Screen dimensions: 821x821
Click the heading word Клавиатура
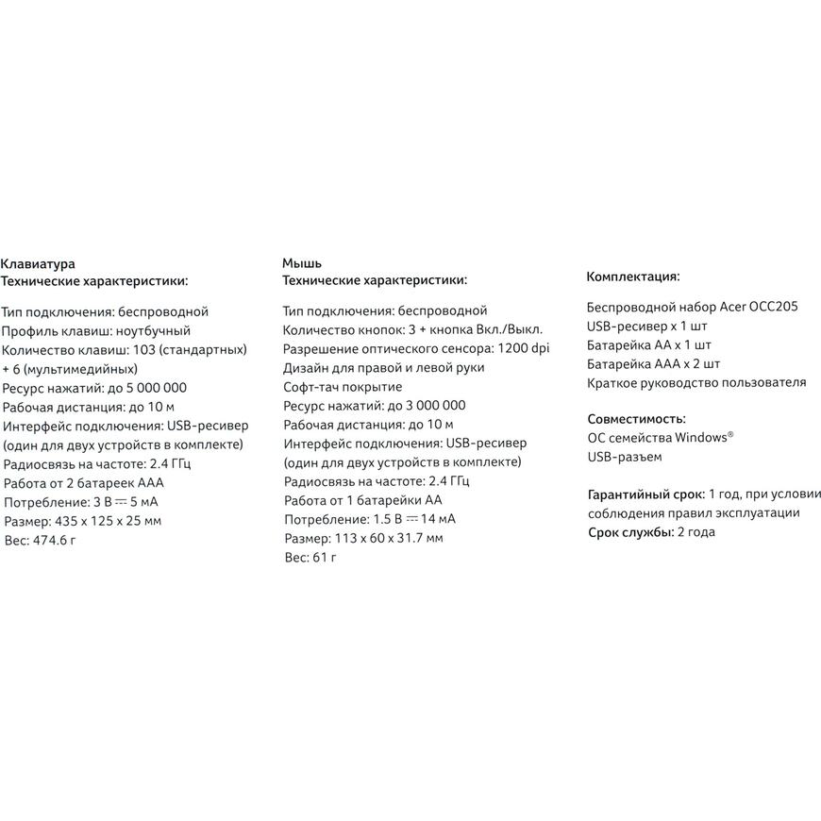click(38, 264)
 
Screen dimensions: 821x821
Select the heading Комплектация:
click(633, 276)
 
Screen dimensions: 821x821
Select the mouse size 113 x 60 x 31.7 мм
click(389, 539)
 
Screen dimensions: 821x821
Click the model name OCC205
click(773, 307)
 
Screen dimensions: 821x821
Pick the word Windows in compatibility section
click(697, 438)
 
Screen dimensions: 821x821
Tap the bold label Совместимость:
click(636, 418)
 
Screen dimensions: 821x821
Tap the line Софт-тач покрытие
click(343, 387)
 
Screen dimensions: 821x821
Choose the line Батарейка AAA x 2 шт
click(653, 363)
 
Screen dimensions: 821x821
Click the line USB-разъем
click(624, 457)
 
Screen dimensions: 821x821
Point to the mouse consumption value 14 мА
click(438, 520)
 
